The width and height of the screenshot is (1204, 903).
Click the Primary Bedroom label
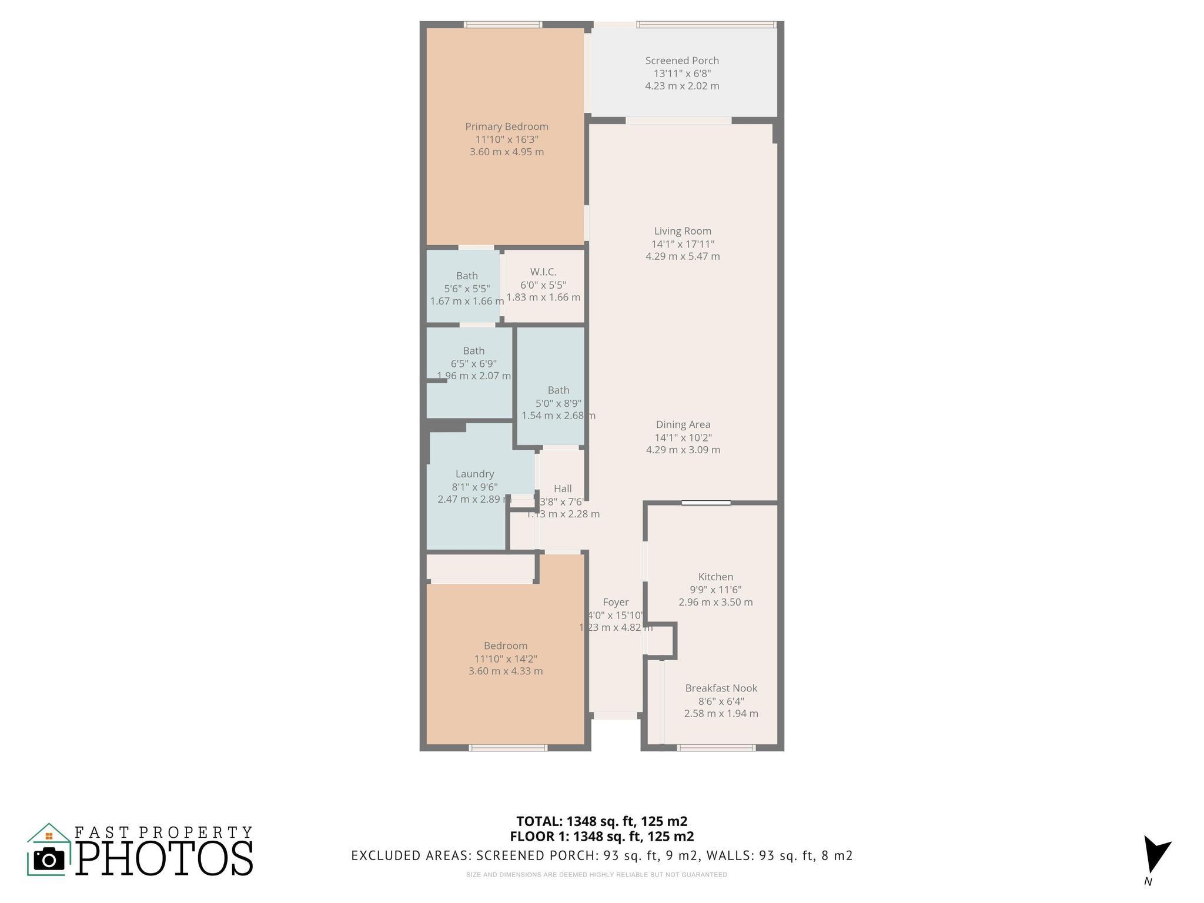pyautogui.click(x=506, y=126)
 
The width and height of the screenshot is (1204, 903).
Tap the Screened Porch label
pyautogui.click(x=682, y=61)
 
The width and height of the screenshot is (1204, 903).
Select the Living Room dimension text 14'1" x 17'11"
pyautogui.click(x=683, y=244)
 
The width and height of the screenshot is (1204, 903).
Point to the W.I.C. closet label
pyautogui.click(x=543, y=272)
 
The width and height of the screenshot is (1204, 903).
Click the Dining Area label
pyautogui.click(x=683, y=424)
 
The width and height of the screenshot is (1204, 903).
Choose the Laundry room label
pyautogui.click(x=474, y=474)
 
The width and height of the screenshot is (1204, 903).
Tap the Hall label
pyautogui.click(x=562, y=489)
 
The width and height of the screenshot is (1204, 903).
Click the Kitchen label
pyautogui.click(x=715, y=577)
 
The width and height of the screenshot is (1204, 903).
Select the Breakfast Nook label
pyautogui.click(x=721, y=688)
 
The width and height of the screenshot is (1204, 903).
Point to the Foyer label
pyautogui.click(x=616, y=602)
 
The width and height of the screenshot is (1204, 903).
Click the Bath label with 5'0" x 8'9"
pyautogui.click(x=558, y=390)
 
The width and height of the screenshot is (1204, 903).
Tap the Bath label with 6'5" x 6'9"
pyautogui.click(x=473, y=351)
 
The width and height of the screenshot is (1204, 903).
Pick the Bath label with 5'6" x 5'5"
pyautogui.click(x=467, y=276)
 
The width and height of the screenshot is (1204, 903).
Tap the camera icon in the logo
pyautogui.click(x=49, y=859)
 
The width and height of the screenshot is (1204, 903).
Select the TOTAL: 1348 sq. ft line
pyautogui.click(x=601, y=821)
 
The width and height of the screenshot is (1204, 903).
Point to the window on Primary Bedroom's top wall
pyautogui.click(x=503, y=25)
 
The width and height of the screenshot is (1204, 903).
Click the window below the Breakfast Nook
pyautogui.click(x=715, y=748)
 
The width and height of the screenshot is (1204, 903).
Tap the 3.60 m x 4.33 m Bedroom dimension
pyautogui.click(x=506, y=671)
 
